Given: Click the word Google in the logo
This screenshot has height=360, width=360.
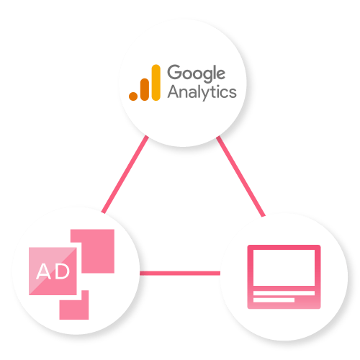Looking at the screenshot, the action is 197,73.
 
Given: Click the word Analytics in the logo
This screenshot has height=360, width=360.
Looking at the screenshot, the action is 202,92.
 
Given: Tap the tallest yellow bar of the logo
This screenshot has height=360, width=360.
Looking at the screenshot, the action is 156,83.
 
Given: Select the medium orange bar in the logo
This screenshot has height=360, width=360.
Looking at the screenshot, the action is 145,89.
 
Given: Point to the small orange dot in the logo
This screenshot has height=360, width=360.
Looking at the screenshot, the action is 133,96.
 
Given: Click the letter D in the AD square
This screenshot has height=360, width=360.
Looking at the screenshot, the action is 62,271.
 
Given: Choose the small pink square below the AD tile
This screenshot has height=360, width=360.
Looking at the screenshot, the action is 74,305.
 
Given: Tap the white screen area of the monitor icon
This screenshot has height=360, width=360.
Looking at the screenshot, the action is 284,268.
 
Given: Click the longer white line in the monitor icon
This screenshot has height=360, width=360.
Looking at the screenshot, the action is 284,293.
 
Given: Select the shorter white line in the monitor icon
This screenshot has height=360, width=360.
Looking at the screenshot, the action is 274,300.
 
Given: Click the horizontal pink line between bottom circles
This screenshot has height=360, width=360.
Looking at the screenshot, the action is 180,273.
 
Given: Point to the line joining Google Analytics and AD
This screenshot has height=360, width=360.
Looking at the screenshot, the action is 125,174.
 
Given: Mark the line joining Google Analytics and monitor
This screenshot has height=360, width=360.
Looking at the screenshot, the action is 240,176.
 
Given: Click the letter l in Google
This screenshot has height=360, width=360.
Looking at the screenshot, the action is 214,72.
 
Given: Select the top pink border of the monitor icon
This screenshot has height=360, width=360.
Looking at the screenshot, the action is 284,247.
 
